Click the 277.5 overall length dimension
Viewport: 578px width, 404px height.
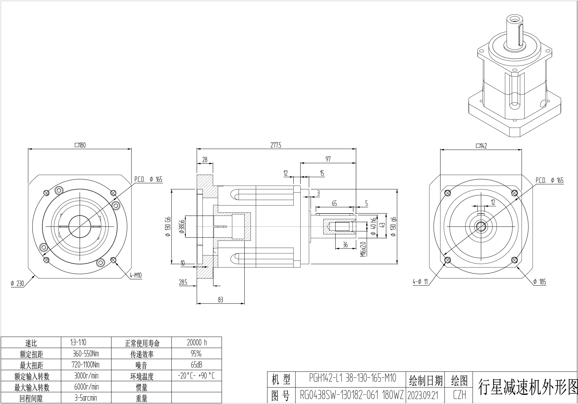click(276, 145)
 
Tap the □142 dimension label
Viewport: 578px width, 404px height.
click(481, 146)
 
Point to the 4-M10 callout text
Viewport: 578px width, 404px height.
click(136, 276)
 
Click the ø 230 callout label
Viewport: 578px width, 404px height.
click(17, 284)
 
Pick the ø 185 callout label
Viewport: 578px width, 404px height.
click(540, 282)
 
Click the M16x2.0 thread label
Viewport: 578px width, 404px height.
click(363, 249)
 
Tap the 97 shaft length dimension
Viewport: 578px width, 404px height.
click(328, 159)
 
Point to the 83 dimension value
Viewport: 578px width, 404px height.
click(221, 300)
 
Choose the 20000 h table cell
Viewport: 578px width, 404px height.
click(197, 343)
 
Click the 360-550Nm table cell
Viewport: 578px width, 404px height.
click(86, 354)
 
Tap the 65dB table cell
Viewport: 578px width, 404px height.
click(197, 365)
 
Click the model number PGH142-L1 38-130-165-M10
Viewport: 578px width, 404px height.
click(353, 378)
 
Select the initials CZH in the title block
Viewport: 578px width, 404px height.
click(459, 395)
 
